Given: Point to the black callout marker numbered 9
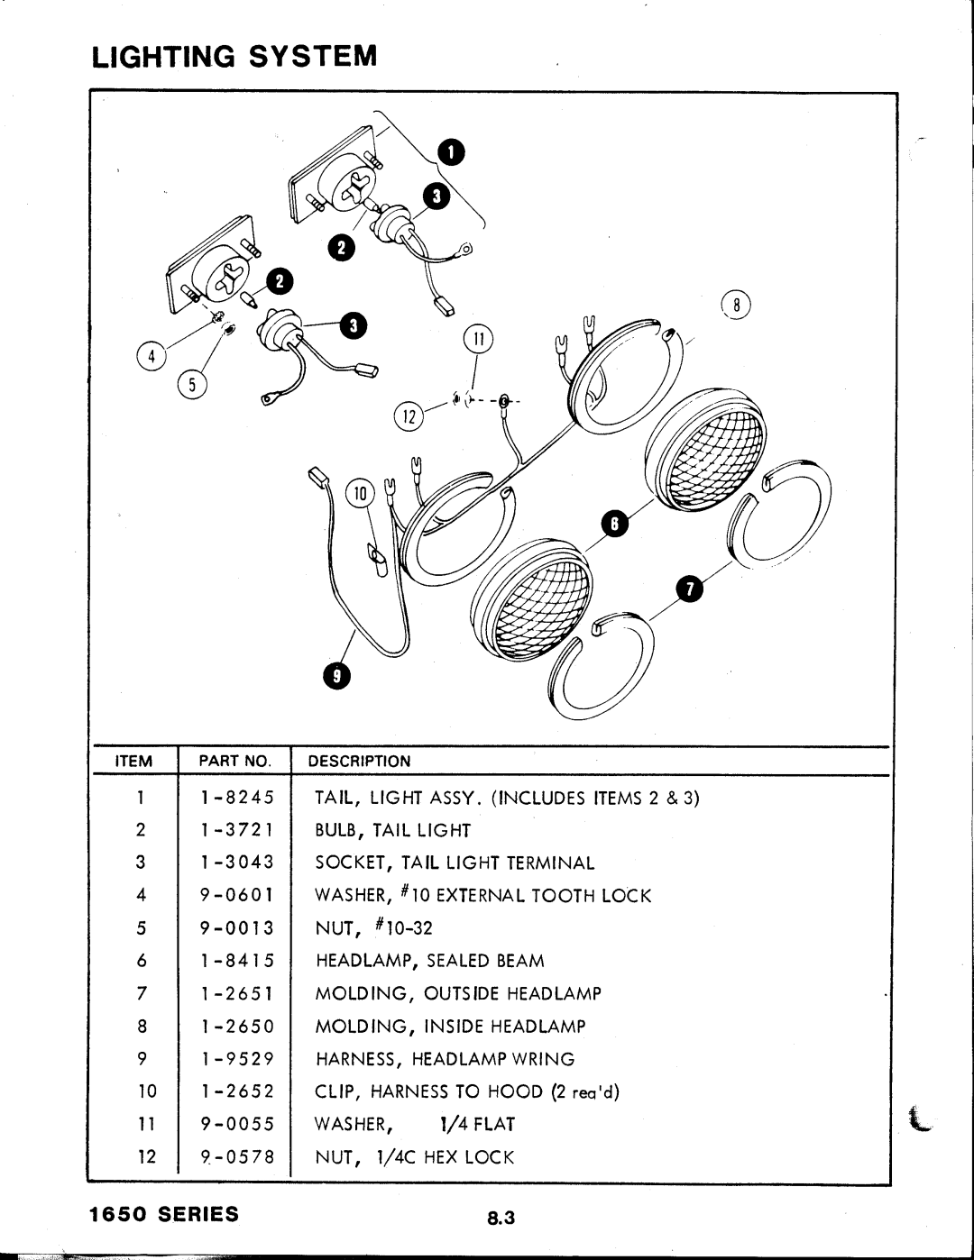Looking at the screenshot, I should point(335,677).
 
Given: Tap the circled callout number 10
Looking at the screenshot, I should point(361,493).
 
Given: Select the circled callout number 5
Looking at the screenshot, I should point(192,385).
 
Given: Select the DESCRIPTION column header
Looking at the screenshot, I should point(359,761).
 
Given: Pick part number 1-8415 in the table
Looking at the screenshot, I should point(237,961).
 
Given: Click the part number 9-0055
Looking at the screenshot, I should point(237,1124).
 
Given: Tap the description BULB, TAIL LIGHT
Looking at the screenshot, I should point(392,830).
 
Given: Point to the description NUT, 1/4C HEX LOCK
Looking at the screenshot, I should point(414,1157).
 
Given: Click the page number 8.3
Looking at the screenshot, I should point(501,1218).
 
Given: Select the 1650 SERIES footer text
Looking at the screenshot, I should point(164,1213).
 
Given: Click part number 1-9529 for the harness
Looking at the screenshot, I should point(237,1059).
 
